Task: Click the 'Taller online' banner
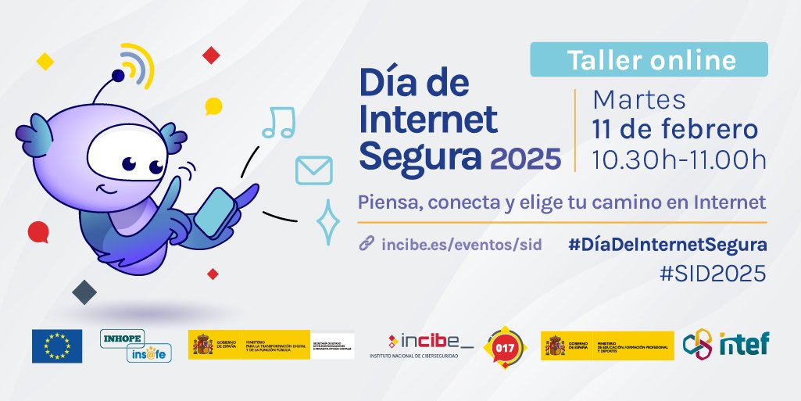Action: point(649,59)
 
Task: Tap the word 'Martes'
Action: point(639,101)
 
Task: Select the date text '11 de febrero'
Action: point(674,129)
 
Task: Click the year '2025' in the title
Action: point(525,159)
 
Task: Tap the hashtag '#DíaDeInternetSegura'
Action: point(667,245)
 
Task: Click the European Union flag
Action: point(57,346)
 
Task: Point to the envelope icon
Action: point(314,170)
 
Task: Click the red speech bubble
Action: point(38,231)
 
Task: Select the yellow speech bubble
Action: point(213,106)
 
